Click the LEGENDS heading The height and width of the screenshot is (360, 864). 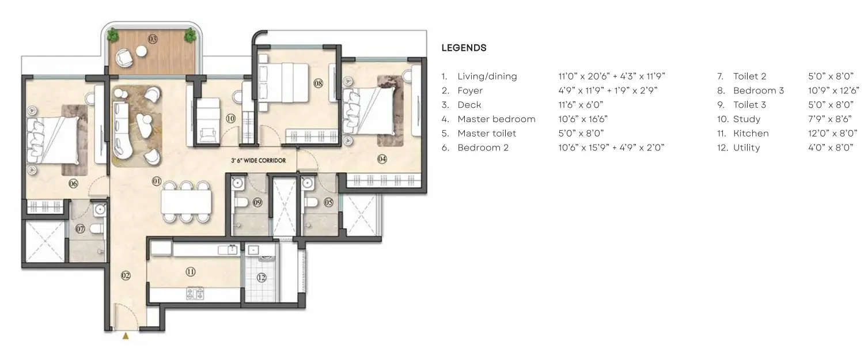tap(464, 48)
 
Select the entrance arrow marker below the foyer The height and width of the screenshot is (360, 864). tap(126, 336)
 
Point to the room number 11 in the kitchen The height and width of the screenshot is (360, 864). tap(191, 271)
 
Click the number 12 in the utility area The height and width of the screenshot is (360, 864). tap(262, 278)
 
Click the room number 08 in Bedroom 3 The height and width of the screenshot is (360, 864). tap(319, 84)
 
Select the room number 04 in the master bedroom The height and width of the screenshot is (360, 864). tap(381, 159)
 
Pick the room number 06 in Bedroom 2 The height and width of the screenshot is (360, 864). tap(73, 184)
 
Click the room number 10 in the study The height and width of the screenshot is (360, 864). tap(230, 119)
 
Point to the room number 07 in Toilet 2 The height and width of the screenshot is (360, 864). tap(80, 229)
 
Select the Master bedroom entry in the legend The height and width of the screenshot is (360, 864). tap(496, 119)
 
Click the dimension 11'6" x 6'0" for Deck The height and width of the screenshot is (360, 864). tap(582, 105)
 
